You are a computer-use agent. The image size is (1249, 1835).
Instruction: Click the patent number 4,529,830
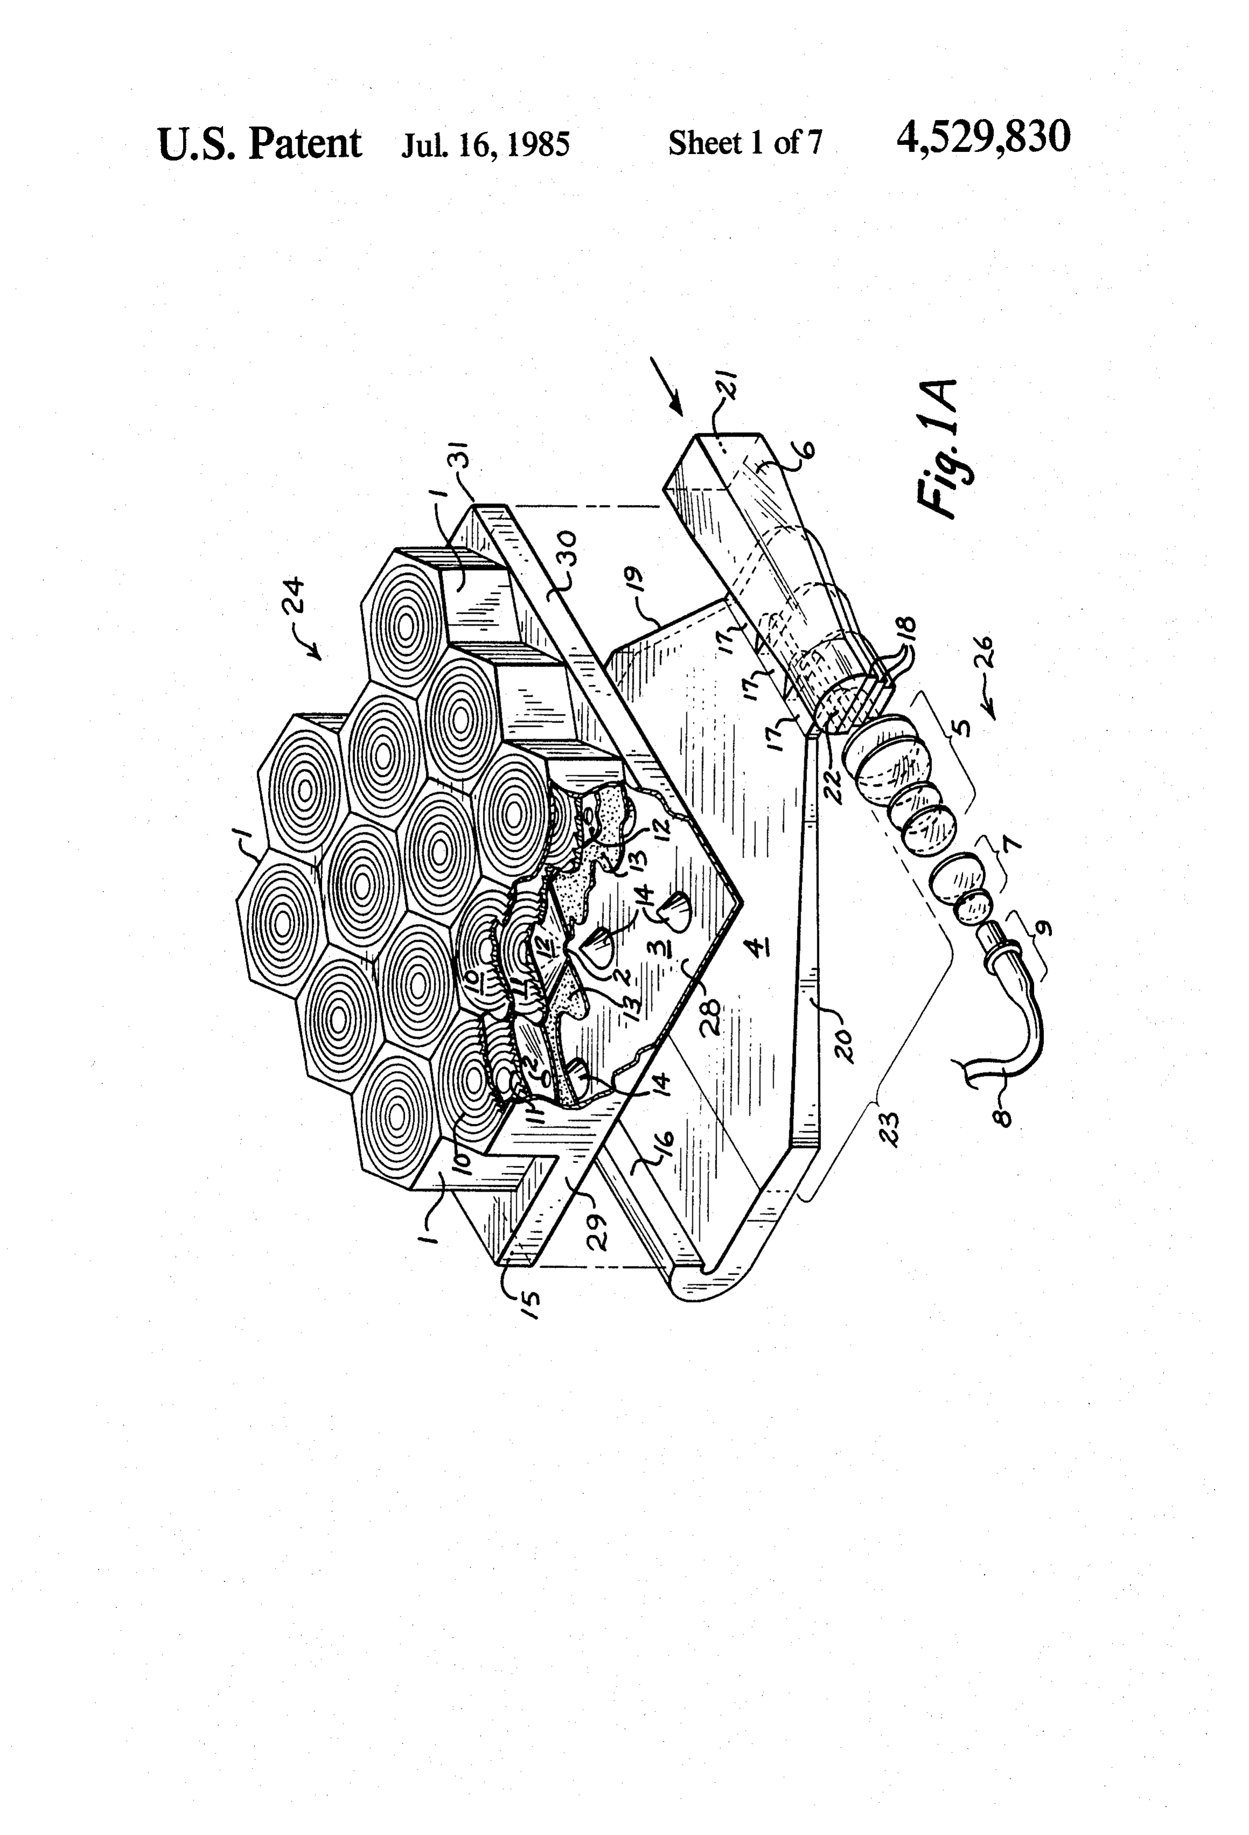[x=983, y=139]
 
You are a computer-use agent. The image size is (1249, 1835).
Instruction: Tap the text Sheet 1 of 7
[x=745, y=143]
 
